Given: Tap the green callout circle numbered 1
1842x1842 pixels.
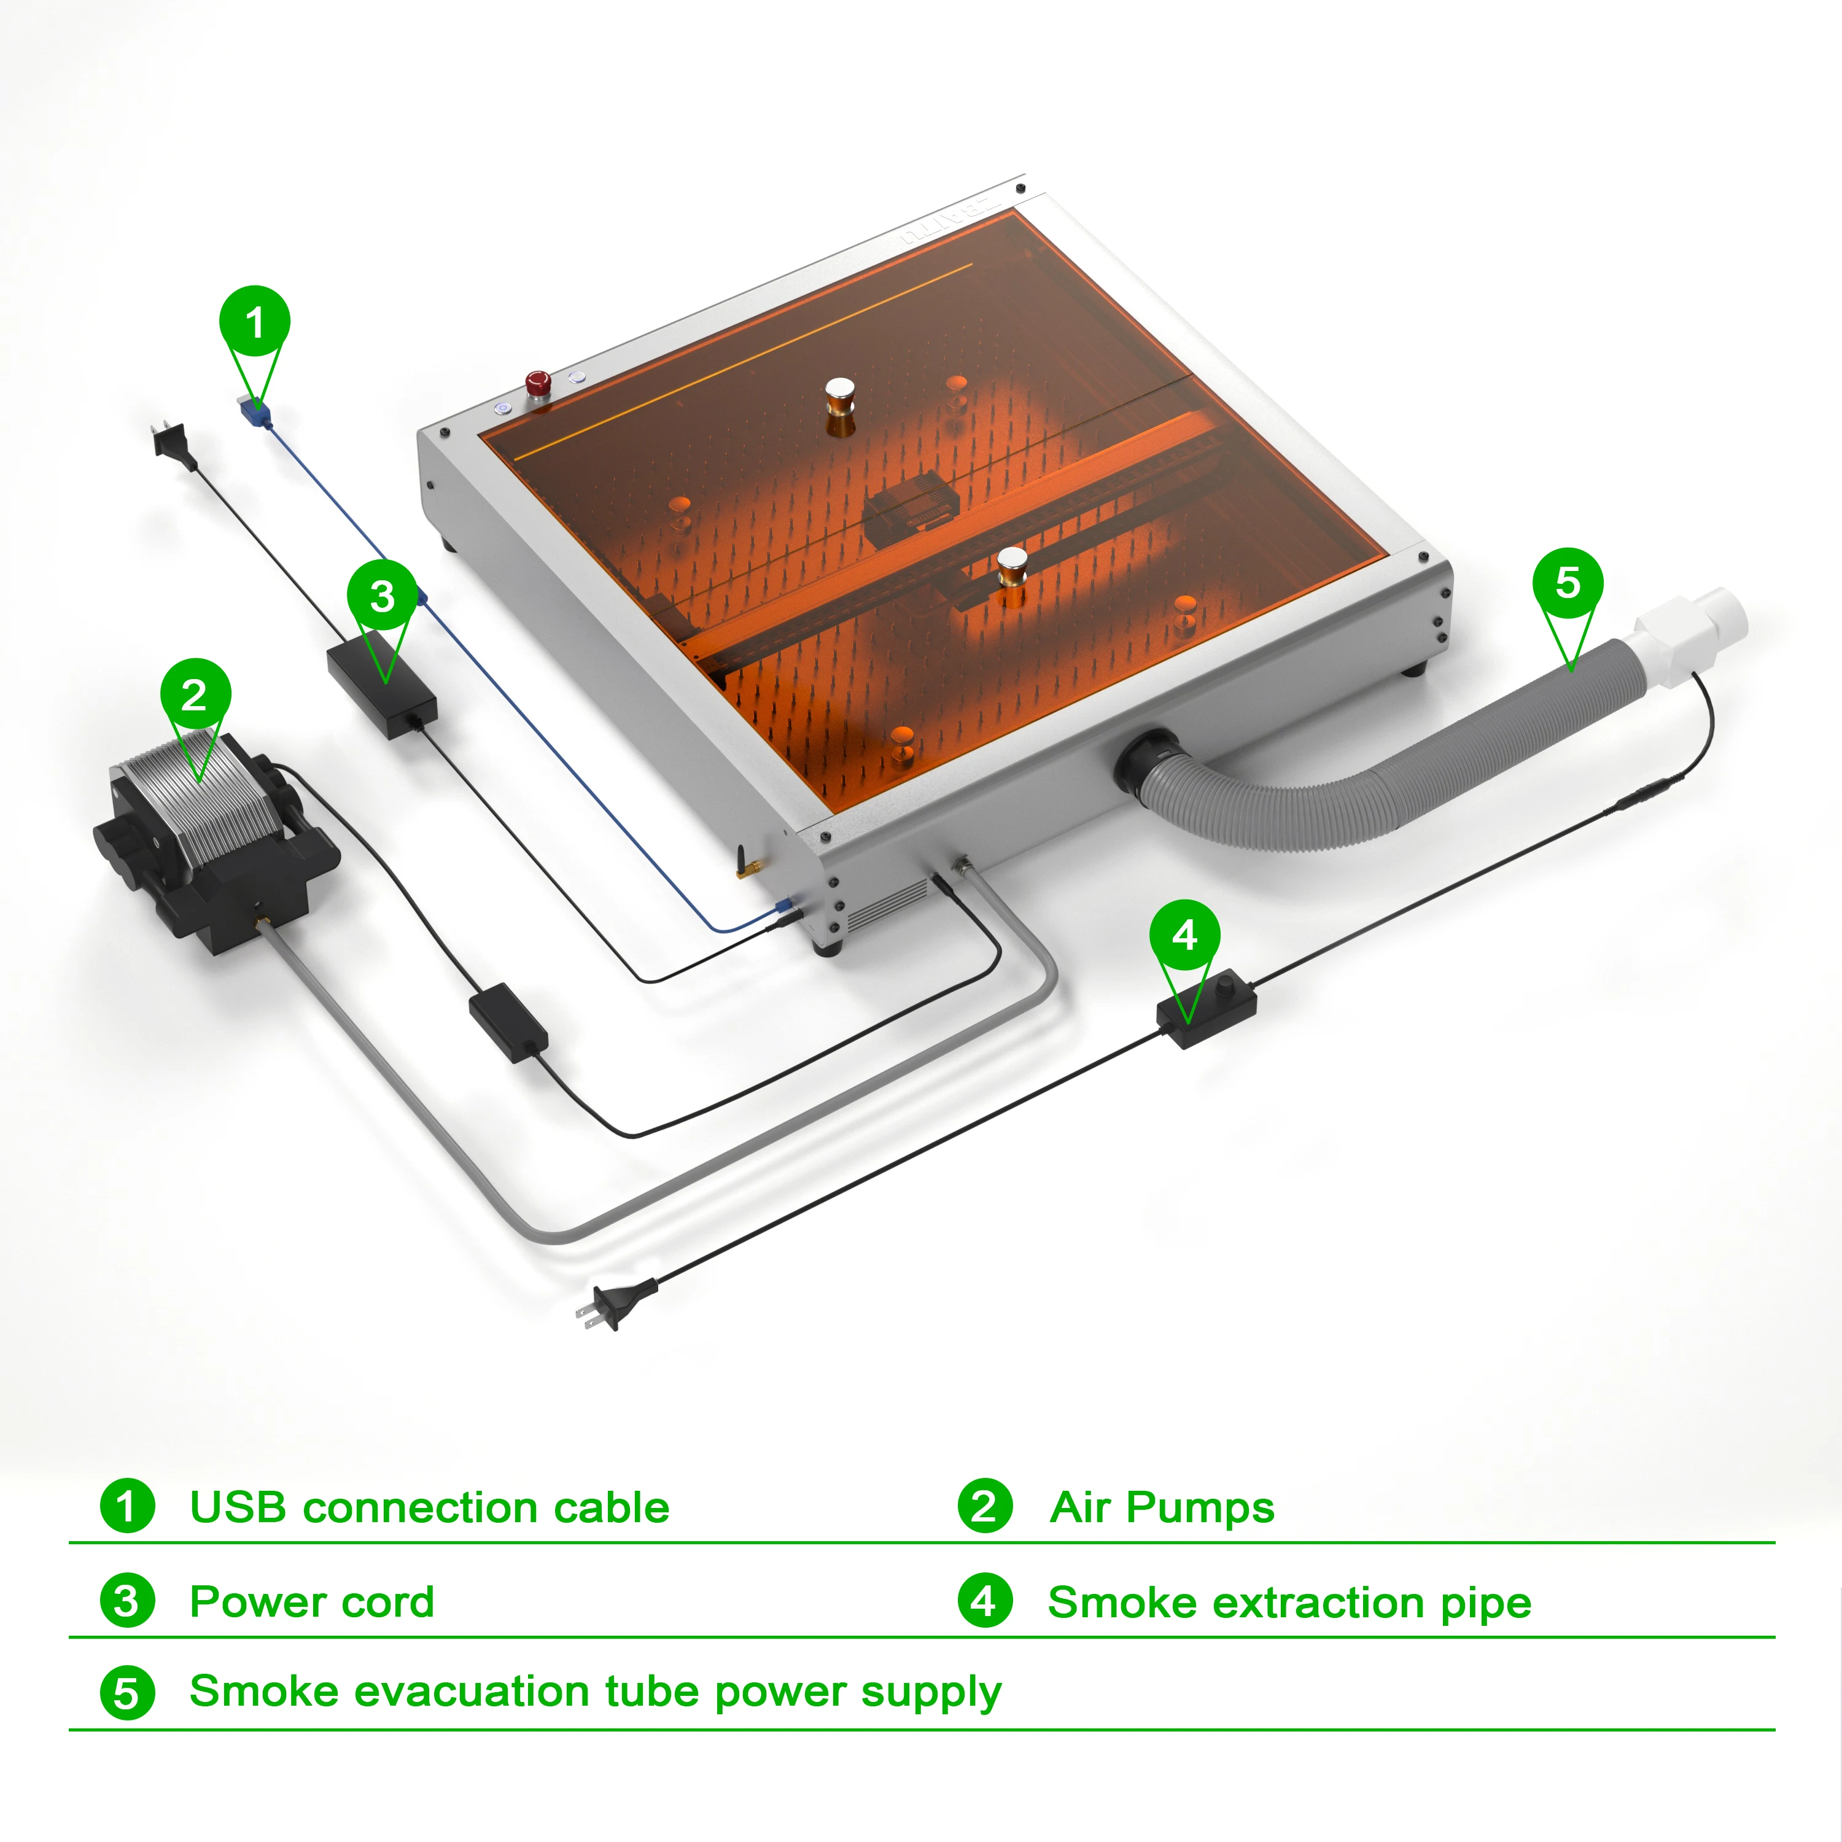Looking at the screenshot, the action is [x=255, y=321].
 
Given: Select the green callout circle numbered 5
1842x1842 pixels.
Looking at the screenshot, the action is [x=1568, y=583].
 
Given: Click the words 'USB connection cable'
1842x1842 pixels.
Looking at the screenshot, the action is [x=429, y=1509].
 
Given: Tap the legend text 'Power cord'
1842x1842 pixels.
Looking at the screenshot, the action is [x=312, y=1603].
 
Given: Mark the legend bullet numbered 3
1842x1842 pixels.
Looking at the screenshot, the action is [x=127, y=1602].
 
